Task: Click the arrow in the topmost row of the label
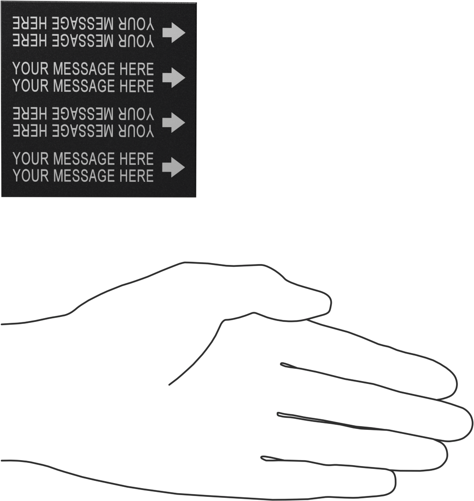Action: click(173, 33)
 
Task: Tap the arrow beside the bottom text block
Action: click(173, 167)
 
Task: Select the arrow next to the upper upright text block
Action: click(173, 77)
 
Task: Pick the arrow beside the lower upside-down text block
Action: click(173, 122)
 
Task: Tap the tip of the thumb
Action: click(331, 303)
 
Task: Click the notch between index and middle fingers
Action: click(281, 364)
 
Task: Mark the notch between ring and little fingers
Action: click(262, 458)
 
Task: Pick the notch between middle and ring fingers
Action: click(278, 414)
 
